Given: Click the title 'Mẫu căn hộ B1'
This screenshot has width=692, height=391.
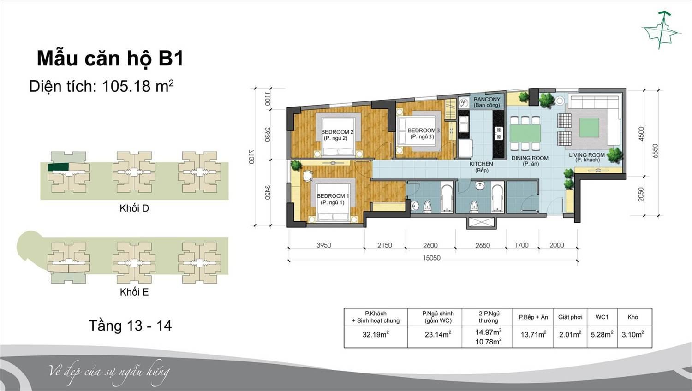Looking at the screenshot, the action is (x=110, y=59).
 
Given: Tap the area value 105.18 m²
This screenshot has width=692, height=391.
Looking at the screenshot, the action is (x=137, y=86).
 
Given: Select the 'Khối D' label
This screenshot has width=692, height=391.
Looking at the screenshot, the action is (x=134, y=208).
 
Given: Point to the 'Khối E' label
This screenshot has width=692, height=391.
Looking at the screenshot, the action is (x=134, y=292).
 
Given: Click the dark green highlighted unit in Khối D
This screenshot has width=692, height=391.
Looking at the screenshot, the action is (x=59, y=167).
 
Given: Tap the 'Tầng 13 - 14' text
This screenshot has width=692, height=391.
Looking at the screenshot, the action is (x=130, y=326).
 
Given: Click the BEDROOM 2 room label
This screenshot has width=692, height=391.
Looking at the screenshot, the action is (x=337, y=135).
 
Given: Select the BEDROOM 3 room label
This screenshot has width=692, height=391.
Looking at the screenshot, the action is (x=423, y=133).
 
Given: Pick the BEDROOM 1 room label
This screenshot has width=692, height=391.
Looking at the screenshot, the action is (x=333, y=199).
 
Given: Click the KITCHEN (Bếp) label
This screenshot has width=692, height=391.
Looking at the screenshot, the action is (x=481, y=167).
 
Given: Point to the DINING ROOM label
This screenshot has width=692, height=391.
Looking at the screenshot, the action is (x=530, y=160).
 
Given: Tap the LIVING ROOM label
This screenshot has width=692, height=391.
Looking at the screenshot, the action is (x=587, y=157).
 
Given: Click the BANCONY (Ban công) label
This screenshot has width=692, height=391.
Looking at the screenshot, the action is (x=487, y=102).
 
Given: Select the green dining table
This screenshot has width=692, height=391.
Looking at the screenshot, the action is (x=525, y=133).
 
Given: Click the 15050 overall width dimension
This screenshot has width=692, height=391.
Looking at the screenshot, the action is (x=431, y=258).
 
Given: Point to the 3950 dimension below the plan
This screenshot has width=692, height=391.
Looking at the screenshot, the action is (x=324, y=245).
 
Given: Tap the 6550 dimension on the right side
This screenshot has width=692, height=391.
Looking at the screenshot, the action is (x=655, y=151).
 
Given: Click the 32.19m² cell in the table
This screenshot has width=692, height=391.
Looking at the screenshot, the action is (x=376, y=334).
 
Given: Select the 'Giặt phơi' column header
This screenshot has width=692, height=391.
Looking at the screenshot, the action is (x=570, y=317).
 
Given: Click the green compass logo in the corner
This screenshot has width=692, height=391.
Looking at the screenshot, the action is (x=662, y=30).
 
